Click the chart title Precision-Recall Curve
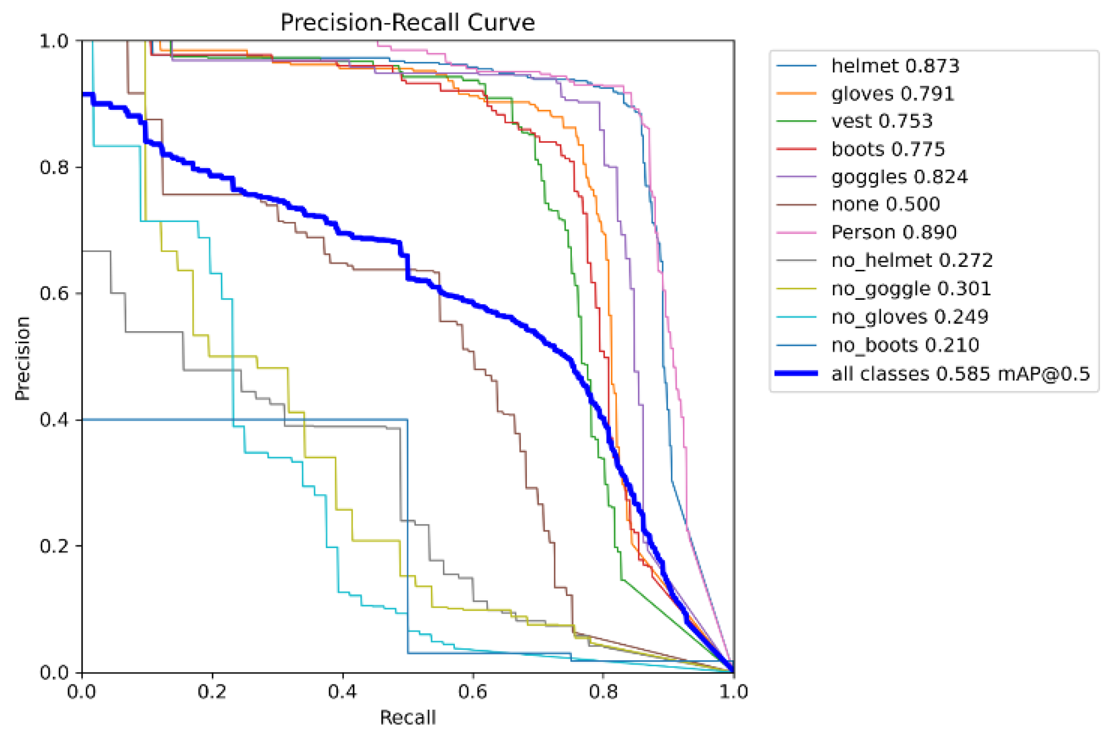[x=407, y=23]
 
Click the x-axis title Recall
[x=408, y=717]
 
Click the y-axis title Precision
[x=23, y=358]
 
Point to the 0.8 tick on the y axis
[x=54, y=167]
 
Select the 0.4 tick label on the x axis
[x=342, y=692]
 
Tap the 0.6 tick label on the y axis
[x=54, y=293]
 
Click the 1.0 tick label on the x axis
[x=733, y=692]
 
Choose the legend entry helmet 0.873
[x=895, y=66]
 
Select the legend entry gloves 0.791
[x=892, y=94]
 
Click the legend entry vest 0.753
[x=882, y=121]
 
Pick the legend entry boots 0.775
[x=888, y=149]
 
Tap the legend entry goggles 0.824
[x=899, y=177]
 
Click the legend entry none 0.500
[x=885, y=204]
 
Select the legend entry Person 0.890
[x=893, y=232]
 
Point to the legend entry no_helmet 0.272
[x=911, y=260]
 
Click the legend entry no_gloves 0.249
[x=909, y=317]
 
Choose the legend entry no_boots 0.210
[x=905, y=345]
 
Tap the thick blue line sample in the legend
[x=796, y=373]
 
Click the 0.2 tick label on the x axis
[x=212, y=692]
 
